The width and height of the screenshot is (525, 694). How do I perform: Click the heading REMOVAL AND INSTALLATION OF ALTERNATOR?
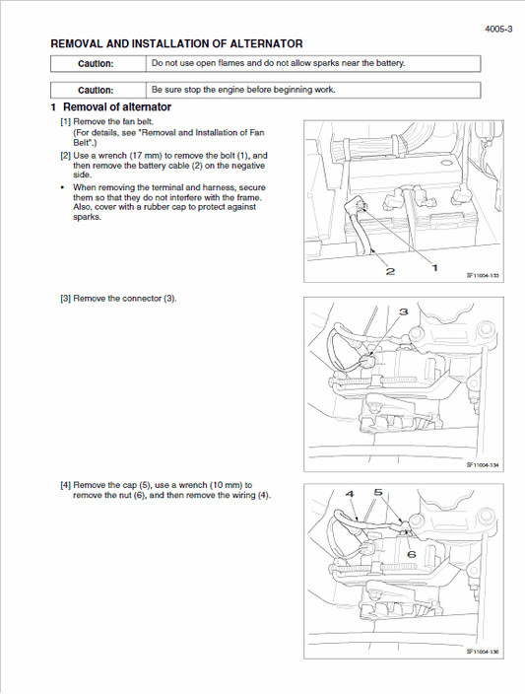[176, 44]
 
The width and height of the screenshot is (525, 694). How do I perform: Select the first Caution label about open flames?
[96, 64]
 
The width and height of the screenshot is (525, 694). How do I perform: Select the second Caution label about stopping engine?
[96, 90]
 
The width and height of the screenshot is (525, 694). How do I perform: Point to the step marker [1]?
[65, 121]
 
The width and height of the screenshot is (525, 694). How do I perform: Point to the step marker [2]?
[65, 156]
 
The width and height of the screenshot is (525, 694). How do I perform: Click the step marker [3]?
[65, 299]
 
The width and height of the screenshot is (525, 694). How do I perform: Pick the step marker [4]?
[65, 485]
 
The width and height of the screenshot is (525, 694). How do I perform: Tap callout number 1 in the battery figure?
[434, 267]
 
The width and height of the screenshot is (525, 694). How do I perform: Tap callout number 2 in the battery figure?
[390, 271]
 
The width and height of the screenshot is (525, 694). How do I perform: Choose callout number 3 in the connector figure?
[403, 312]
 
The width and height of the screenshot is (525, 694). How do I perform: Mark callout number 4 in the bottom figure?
[350, 493]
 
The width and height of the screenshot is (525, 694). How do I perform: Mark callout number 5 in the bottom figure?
[378, 492]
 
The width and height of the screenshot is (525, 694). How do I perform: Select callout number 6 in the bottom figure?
[411, 554]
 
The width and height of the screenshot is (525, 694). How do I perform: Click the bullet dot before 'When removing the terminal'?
[63, 186]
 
